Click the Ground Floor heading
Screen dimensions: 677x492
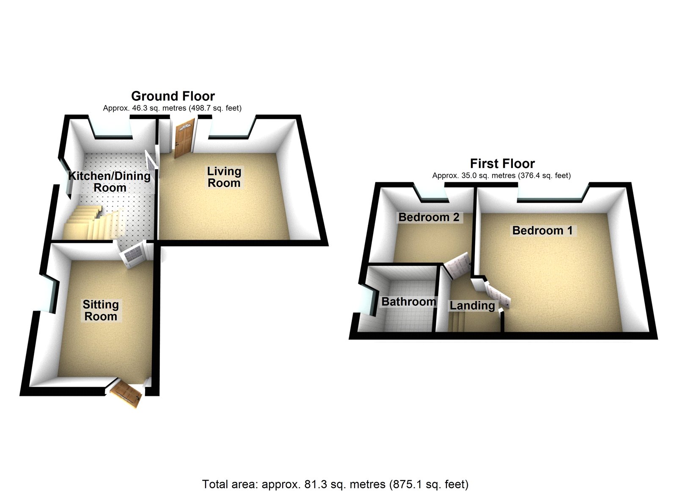click(173, 96)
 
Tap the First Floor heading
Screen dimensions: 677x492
click(502, 163)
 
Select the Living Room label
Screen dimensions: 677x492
click(224, 177)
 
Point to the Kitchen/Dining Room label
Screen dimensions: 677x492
click(110, 181)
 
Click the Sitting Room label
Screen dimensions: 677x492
click(101, 310)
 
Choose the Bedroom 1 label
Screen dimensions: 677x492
click(542, 231)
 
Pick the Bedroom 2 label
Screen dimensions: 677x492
click(429, 217)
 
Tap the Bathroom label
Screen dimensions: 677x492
click(409, 302)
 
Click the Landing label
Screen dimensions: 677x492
click(472, 305)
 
